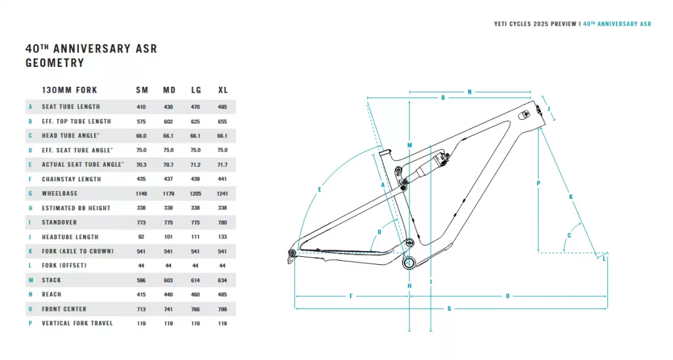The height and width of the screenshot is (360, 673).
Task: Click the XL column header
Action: (223, 89)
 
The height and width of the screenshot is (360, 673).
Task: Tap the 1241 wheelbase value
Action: (222, 193)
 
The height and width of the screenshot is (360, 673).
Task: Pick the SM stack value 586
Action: (142, 280)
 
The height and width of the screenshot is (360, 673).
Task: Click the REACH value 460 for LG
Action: (196, 294)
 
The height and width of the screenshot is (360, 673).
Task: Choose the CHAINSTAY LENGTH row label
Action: (71, 179)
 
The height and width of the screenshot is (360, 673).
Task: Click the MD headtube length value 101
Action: (169, 236)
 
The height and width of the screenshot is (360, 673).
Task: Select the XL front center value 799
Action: (222, 309)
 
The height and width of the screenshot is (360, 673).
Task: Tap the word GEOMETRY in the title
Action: (55, 63)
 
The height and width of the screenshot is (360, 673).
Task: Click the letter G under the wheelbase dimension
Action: (450, 308)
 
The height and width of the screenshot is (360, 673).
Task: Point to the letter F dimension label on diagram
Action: (352, 296)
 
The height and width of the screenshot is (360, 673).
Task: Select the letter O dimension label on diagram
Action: (507, 296)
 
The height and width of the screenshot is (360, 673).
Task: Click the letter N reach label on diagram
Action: (469, 92)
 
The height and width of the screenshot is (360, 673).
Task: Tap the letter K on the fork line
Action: (570, 197)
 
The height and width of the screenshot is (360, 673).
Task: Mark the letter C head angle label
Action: (569, 235)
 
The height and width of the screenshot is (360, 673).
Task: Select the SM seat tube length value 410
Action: (142, 106)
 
